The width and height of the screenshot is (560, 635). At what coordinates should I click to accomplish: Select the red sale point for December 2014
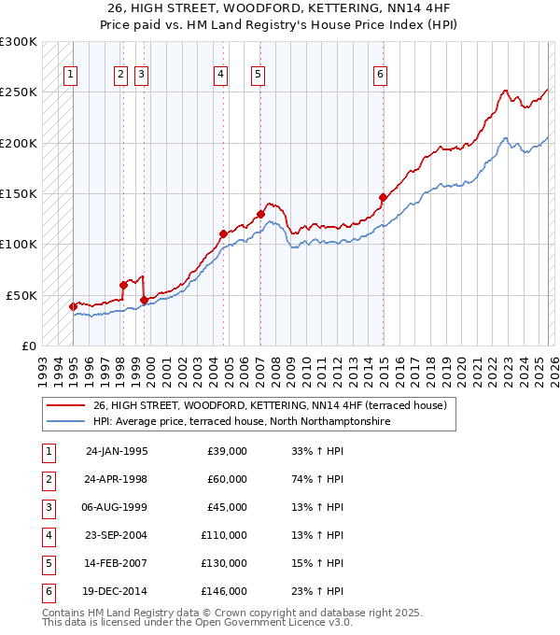(x=383, y=197)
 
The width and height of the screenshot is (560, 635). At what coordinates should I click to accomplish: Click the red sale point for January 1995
(x=74, y=306)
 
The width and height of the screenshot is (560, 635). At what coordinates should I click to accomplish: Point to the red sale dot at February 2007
(x=260, y=214)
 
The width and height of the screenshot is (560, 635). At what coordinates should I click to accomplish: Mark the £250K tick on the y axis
(x=19, y=92)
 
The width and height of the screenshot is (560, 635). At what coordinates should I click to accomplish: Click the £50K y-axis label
(x=21, y=295)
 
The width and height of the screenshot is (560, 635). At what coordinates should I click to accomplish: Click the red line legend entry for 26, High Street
(x=271, y=405)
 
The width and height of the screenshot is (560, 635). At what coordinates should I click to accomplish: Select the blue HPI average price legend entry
(x=241, y=421)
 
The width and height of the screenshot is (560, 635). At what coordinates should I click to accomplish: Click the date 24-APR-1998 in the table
(x=117, y=479)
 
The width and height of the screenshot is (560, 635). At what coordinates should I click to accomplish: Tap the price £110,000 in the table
(x=224, y=535)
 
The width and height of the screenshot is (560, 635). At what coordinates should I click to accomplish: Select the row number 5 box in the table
(x=48, y=563)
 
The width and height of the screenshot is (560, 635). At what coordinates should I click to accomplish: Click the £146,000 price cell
(x=224, y=591)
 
